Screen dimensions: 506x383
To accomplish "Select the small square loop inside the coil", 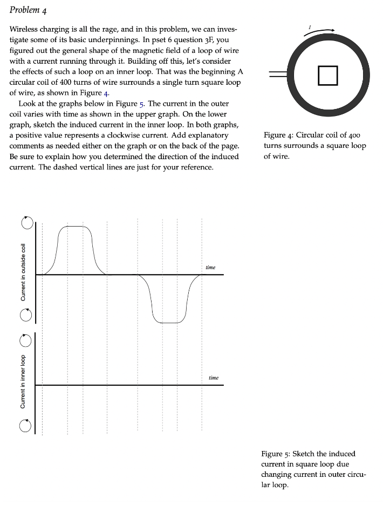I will pyautogui.click(x=327, y=75).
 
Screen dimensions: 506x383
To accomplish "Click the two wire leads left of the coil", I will pyautogui.click(x=277, y=75).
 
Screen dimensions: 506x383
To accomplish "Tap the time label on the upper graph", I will pyautogui.click(x=210, y=267).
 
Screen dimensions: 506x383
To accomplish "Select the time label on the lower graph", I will pyautogui.click(x=214, y=378).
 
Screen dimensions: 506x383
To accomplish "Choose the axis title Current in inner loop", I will pyautogui.click(x=23, y=381).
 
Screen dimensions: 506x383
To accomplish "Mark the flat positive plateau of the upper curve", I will pyautogui.click(x=76, y=227).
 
